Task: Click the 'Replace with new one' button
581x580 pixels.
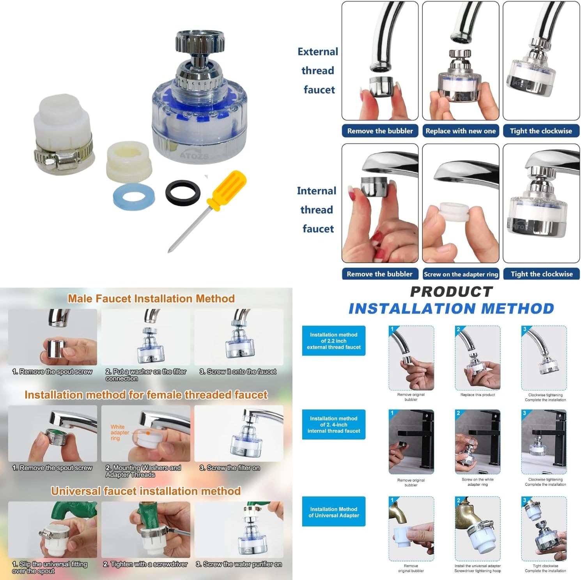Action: [461, 131]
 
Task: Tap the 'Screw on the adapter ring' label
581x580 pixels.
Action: [461, 274]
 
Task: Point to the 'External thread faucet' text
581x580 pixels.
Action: [318, 71]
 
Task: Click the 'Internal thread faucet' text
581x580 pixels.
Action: [317, 210]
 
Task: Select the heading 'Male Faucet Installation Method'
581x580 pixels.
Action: [151, 299]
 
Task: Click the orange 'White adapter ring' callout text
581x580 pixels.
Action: [120, 432]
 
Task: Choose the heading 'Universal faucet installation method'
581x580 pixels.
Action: [146, 491]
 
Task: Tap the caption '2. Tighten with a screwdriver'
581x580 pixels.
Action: [145, 564]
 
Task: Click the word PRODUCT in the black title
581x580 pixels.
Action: [452, 292]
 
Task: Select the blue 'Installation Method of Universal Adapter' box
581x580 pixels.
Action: [334, 512]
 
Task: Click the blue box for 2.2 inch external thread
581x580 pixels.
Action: [334, 341]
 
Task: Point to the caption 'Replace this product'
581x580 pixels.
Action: [478, 395]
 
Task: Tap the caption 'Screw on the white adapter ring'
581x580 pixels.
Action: [478, 482]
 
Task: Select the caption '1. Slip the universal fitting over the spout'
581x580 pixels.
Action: [50, 568]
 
